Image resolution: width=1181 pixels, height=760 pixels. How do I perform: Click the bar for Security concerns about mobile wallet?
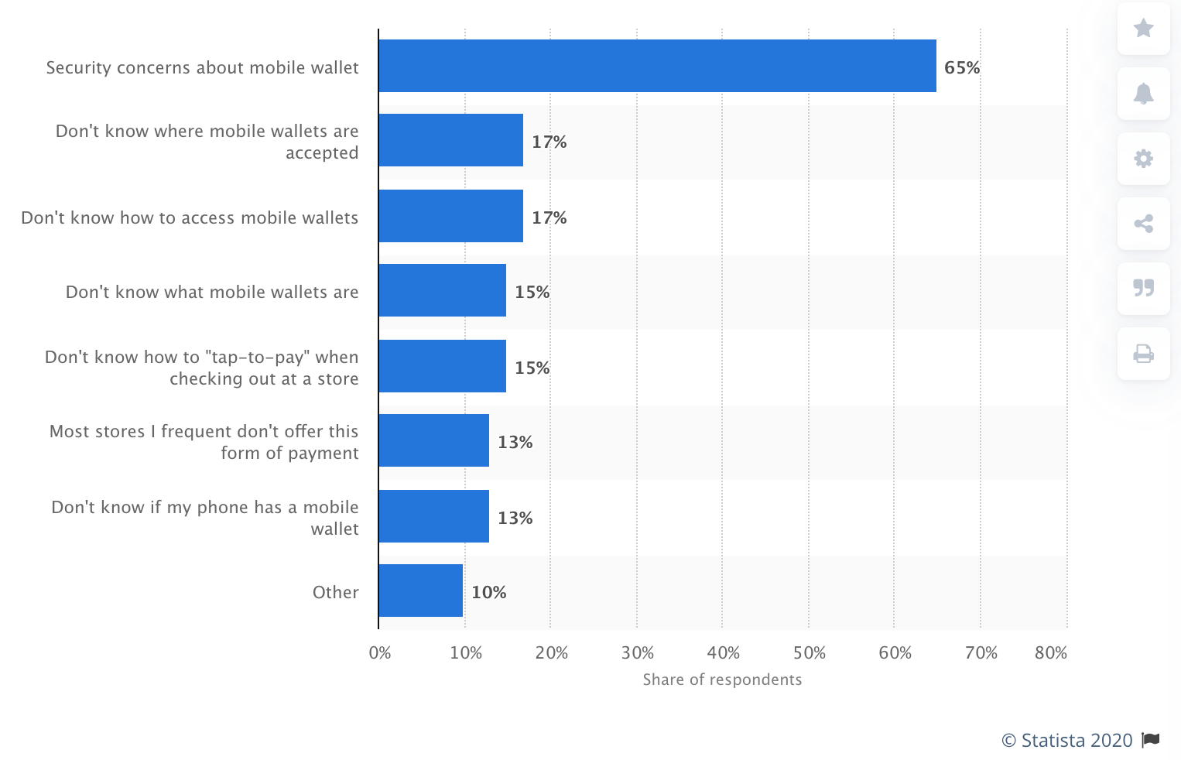click(x=657, y=66)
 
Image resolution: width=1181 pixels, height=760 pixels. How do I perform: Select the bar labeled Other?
click(x=420, y=591)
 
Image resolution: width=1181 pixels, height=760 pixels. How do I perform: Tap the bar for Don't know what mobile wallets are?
click(x=442, y=290)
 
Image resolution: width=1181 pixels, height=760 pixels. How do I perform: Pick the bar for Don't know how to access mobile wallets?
click(x=450, y=216)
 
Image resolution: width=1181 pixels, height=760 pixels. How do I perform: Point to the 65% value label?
click(x=962, y=68)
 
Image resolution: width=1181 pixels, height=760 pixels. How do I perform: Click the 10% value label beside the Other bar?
click(x=489, y=593)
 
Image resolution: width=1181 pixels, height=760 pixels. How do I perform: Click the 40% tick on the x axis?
click(x=723, y=653)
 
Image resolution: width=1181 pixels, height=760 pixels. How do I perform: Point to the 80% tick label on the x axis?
click(x=1050, y=653)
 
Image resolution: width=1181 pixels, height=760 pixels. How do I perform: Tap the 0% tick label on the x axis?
click(x=380, y=653)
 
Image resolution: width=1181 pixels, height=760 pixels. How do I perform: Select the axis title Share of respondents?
click(x=722, y=680)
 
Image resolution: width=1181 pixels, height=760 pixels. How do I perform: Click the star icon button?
click(x=1143, y=29)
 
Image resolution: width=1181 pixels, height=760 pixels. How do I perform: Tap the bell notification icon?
click(x=1143, y=94)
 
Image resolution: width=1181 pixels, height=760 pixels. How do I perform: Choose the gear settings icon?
click(x=1143, y=159)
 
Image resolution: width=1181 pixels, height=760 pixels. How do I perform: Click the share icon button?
click(x=1143, y=224)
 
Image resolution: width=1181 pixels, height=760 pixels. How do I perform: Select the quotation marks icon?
click(x=1143, y=288)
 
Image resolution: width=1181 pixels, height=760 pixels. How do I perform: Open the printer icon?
click(x=1143, y=354)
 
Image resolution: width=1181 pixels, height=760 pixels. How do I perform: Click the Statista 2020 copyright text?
click(x=1067, y=741)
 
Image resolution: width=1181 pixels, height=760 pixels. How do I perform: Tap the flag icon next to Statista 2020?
click(x=1151, y=740)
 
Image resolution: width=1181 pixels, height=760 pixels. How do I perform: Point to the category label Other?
click(x=335, y=593)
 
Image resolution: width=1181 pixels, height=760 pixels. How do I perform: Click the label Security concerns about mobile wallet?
click(x=202, y=68)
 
